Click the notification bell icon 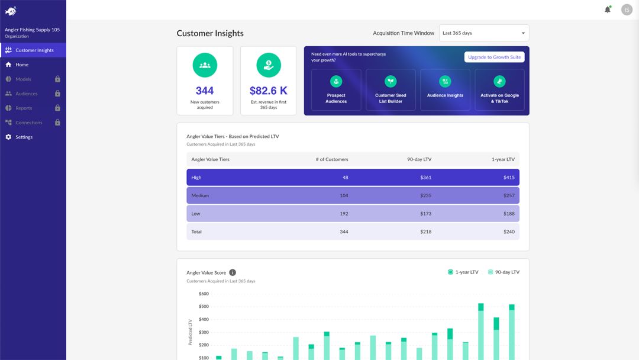point(607,9)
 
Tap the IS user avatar point(627,9)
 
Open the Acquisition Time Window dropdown point(483,33)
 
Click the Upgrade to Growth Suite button point(494,57)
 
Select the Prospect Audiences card point(336,90)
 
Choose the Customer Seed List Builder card point(390,90)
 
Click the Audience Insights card point(445,90)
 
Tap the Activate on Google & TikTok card point(499,90)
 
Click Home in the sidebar point(22,65)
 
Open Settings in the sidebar point(24,137)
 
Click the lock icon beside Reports point(57,108)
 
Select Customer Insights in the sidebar point(34,50)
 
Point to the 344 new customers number point(205,91)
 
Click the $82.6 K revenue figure point(269,91)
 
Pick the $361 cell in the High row point(425,178)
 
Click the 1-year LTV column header point(502,159)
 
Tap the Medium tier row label point(200,195)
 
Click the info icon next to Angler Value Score point(233,272)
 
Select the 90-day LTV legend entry point(504,272)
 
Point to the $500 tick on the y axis point(204,307)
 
